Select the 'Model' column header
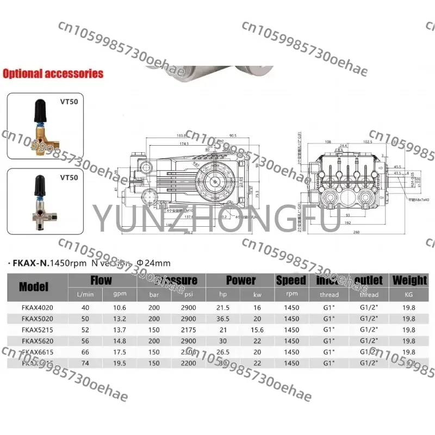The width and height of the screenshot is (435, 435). coord(34,287)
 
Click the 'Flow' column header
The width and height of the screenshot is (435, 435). coord(101,281)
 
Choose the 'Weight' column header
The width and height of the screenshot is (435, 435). coord(409,281)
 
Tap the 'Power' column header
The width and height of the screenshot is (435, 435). coord(240,281)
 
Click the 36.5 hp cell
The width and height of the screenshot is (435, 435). coord(222,319)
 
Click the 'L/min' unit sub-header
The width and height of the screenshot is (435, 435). coord(85,295)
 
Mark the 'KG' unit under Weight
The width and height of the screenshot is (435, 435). coord(409,295)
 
